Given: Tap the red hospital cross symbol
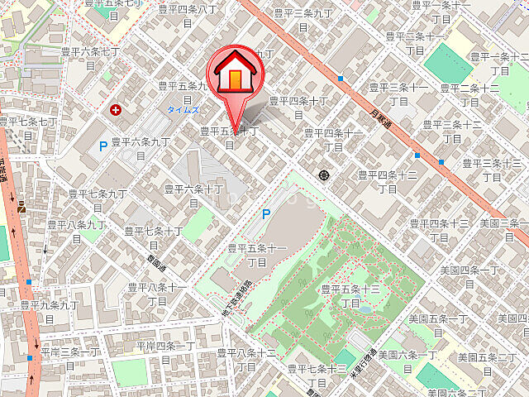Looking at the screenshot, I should [115, 108].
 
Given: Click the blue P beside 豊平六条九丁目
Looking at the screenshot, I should [102, 147].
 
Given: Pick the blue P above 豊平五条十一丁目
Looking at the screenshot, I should [266, 213].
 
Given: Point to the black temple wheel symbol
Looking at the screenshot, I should [323, 175].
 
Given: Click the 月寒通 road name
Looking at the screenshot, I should [379, 103].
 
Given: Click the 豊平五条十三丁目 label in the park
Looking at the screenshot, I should [350, 296].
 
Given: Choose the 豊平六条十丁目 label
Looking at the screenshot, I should [193, 195].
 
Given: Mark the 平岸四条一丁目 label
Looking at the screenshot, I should [166, 352].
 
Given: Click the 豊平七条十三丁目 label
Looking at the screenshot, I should [317, 375].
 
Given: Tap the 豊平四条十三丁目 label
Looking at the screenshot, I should [438, 229].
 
